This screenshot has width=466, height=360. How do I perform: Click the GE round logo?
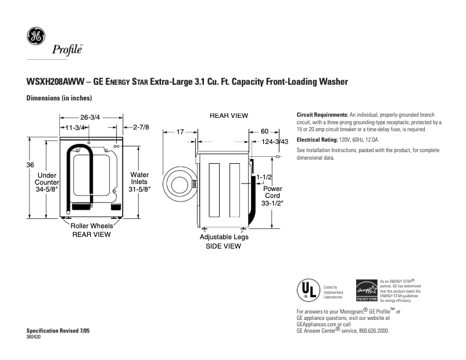point(35,37)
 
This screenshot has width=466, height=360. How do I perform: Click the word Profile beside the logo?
point(67,49)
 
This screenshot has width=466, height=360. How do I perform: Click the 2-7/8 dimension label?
point(141,127)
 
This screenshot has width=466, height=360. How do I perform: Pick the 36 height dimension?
point(30,165)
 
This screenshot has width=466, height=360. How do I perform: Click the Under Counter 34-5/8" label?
point(47,182)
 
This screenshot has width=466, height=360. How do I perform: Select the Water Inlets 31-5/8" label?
point(139,182)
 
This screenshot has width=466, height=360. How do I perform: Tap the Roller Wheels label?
point(92,225)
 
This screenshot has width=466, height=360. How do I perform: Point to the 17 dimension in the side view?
point(180,132)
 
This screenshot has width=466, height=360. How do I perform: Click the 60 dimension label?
point(264,132)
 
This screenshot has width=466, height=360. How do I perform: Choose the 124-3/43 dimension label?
point(275,142)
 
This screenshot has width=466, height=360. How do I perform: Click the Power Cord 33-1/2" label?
point(273,196)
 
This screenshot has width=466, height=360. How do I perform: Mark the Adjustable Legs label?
point(224,237)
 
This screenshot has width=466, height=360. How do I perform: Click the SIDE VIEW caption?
point(224,246)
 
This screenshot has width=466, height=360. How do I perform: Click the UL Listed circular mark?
point(308,289)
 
